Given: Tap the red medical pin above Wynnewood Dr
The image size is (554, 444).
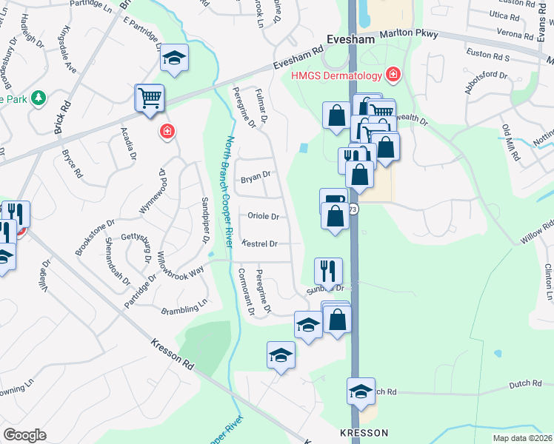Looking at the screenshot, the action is (168, 132).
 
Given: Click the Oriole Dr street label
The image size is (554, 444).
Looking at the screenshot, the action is (263, 217).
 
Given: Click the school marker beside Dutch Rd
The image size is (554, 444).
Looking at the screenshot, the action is (361, 391).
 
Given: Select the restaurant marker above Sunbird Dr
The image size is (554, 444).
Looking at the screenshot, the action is (328, 270).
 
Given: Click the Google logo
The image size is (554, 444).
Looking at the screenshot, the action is (24, 435).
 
